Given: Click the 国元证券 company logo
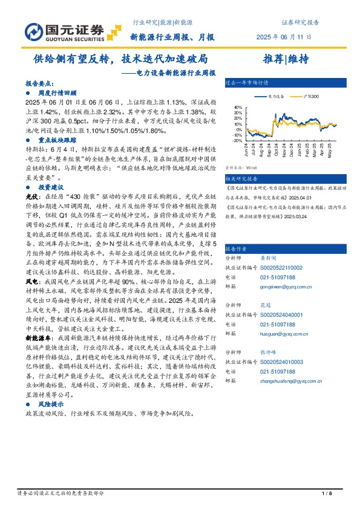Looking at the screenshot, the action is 64,30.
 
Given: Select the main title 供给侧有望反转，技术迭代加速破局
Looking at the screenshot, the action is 120,59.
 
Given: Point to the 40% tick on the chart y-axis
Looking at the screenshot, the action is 238,108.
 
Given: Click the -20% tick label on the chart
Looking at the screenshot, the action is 238,139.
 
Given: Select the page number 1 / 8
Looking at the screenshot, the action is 327,494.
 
